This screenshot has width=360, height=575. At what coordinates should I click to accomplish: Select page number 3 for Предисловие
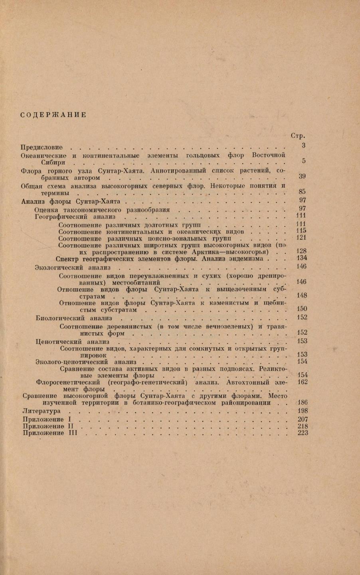pyautogui.click(x=304, y=146)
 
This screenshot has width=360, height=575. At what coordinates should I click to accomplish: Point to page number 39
pyautogui.click(x=302, y=176)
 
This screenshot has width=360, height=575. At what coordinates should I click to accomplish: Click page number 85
pyautogui.click(x=302, y=192)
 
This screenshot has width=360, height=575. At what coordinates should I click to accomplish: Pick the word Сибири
pyautogui.click(x=54, y=163)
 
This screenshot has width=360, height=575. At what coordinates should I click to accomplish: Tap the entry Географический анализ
pyautogui.click(x=75, y=217)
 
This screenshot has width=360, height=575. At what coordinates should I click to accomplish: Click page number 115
pyautogui.click(x=301, y=231)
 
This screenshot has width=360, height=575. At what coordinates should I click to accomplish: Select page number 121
pyautogui.click(x=301, y=238)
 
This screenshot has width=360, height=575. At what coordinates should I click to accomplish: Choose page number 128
pyautogui.click(x=301, y=251)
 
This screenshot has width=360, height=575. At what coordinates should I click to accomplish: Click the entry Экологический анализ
pyautogui.click(x=73, y=268)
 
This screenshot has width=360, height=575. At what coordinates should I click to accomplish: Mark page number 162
pyautogui.click(x=303, y=382)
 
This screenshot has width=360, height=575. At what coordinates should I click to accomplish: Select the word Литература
pyautogui.click(x=42, y=410)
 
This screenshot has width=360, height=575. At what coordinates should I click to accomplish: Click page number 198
pyautogui.click(x=303, y=410)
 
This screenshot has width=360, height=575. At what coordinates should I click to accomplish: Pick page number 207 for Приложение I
pyautogui.click(x=303, y=419)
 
